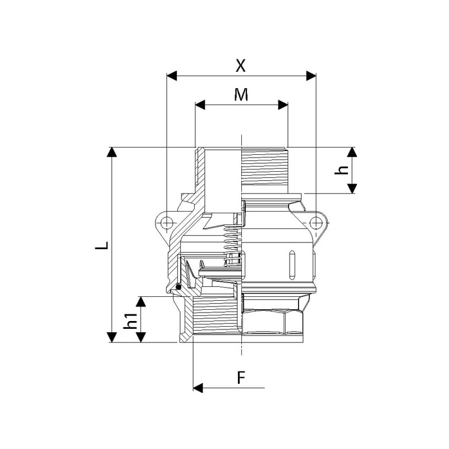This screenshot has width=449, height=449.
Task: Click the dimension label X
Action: (x=241, y=66)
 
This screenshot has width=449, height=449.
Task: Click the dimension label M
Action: (x=241, y=94)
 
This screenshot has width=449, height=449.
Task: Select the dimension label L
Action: (x=102, y=246)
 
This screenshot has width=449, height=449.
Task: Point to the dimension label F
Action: (x=241, y=377)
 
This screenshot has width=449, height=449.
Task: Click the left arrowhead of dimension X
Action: (x=172, y=76)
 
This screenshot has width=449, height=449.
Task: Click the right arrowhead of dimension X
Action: (x=311, y=76)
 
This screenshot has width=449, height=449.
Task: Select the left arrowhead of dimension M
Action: (x=200, y=105)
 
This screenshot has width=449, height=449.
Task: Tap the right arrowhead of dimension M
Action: (x=283, y=105)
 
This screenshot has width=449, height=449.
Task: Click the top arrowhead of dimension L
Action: (x=112, y=152)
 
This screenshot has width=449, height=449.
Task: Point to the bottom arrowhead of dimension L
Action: (x=112, y=337)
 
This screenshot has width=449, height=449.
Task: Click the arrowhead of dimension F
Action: (x=198, y=388)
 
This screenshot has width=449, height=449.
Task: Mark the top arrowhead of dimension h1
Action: (x=141, y=301)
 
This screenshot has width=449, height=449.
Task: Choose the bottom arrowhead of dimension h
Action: (x=352, y=189)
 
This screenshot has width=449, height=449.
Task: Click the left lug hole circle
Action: (x=166, y=222)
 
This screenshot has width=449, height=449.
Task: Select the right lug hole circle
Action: (x=316, y=222)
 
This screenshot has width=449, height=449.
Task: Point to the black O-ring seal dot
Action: (x=178, y=286)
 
